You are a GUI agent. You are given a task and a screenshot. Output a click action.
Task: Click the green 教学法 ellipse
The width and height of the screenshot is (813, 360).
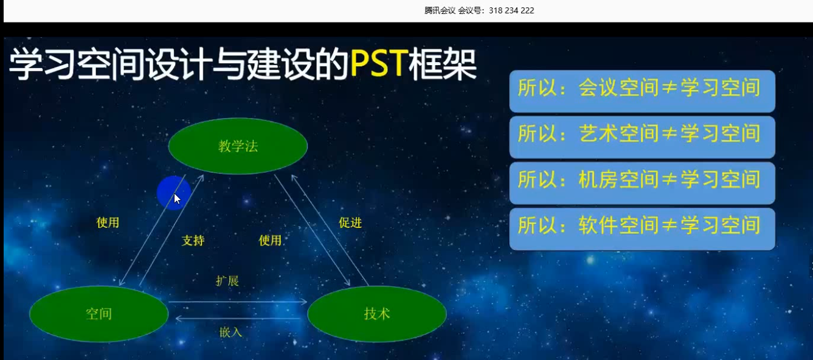coord(238,146)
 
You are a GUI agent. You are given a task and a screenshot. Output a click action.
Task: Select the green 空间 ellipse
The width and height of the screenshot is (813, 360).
coord(99,314)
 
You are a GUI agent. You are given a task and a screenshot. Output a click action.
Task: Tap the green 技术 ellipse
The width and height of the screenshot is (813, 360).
coord(377,314)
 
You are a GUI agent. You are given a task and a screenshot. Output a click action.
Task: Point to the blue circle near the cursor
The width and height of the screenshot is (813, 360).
coord(174,193)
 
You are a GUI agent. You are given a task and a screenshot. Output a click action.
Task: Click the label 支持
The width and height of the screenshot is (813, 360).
coord(193,240)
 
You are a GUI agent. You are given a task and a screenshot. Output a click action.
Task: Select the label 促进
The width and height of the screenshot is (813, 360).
coord(350,223)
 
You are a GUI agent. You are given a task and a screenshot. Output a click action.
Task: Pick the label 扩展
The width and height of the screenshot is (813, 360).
coord(227,280)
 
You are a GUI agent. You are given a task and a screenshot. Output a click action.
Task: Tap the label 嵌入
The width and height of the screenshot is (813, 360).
coord(230,331)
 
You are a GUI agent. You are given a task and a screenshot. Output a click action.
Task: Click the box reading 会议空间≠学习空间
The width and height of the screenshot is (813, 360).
coord(642,91)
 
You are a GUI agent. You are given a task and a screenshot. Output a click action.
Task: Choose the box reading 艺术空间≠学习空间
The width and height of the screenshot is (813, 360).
coord(642,137)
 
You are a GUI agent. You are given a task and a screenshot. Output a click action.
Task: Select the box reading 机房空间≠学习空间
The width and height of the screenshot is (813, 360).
coord(642,183)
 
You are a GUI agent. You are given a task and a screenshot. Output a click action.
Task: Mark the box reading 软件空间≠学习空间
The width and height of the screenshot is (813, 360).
coord(642,229)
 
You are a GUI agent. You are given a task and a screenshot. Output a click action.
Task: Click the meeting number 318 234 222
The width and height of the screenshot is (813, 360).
coord(511,10)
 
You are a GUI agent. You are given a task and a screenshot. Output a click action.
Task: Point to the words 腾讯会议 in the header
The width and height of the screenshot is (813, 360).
coord(440,10)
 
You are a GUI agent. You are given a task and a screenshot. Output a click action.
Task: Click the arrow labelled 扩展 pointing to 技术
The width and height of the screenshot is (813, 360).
coord(238,302)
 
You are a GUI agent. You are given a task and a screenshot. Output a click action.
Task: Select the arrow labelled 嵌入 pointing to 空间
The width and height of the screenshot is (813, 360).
coord(238,319)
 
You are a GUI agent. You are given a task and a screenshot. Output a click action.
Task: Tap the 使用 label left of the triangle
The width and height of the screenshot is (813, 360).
coord(108,223)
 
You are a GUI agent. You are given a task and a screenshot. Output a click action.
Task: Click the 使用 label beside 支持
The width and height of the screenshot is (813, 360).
coord(270,240)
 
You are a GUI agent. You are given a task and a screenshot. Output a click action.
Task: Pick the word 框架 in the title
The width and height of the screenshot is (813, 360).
coord(443,64)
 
